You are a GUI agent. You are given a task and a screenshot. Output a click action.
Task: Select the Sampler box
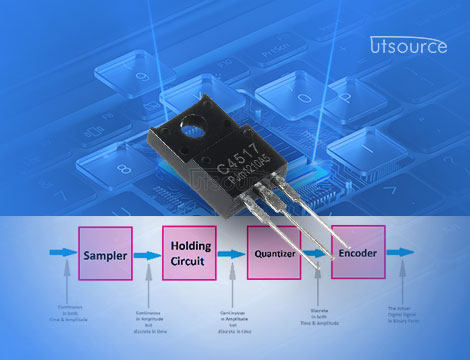[x=105, y=256]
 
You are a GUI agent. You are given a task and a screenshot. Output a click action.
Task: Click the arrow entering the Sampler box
[x=61, y=256]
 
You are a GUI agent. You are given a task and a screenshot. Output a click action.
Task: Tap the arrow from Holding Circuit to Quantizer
[x=231, y=256]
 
